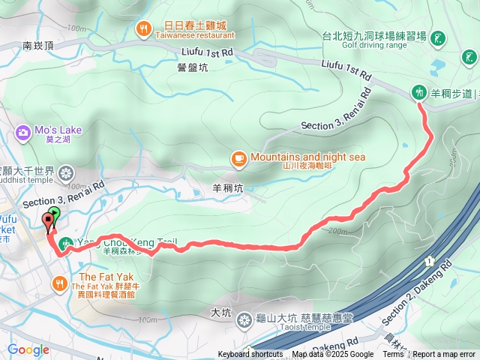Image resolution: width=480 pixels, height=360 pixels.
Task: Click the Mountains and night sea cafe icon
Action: pos(238,158)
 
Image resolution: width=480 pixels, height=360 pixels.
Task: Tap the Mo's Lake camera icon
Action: pos(22,133)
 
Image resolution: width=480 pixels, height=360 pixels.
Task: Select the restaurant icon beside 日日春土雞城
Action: pos(143,29)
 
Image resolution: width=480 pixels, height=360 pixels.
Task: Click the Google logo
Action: pos(28,349)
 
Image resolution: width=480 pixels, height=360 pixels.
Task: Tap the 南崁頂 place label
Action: pos(37,46)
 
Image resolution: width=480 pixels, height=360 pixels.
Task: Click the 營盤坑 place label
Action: pos(192,67)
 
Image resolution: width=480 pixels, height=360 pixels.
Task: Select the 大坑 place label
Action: pos(220,312)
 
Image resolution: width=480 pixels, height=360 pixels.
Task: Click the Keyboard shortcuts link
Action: pos(250,355)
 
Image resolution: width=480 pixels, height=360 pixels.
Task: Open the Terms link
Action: pos(393,355)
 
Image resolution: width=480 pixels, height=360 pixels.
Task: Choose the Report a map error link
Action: pos(444,355)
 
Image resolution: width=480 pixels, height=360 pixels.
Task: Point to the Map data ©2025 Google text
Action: pos(333,355)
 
